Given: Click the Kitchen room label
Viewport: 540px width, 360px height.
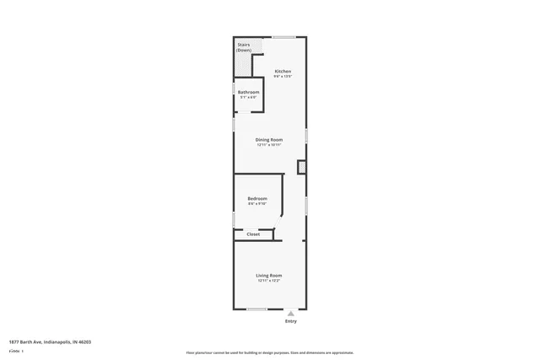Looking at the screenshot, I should click(283, 71).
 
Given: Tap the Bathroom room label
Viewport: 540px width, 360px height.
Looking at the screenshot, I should click(248, 92).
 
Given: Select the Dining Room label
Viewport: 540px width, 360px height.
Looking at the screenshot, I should click(269, 139).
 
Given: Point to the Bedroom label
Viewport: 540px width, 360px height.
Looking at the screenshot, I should click(256, 199).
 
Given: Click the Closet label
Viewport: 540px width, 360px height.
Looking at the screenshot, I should click(253, 234).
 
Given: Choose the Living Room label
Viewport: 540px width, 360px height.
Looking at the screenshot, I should click(269, 275).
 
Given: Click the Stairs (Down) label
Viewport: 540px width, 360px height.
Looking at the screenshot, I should click(244, 47).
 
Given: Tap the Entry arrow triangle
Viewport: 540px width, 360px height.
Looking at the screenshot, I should click(291, 313).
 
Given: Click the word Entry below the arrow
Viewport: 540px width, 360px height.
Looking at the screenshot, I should click(291, 321).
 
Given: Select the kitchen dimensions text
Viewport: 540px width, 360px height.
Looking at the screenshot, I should click(283, 76).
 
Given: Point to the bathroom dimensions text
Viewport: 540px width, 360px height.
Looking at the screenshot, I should click(248, 97).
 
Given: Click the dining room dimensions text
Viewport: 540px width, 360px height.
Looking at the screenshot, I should click(269, 144).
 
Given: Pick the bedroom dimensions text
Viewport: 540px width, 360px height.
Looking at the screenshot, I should click(256, 204).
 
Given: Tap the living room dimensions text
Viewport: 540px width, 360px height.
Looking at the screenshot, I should click(269, 280).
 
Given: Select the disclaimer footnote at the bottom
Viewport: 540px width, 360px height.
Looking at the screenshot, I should click(269, 352).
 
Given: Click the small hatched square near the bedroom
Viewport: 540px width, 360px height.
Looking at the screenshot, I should click(301, 168).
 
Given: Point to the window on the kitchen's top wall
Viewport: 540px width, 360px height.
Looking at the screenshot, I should click(283, 36).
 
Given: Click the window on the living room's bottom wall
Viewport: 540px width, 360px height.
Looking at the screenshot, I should click(257, 309).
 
